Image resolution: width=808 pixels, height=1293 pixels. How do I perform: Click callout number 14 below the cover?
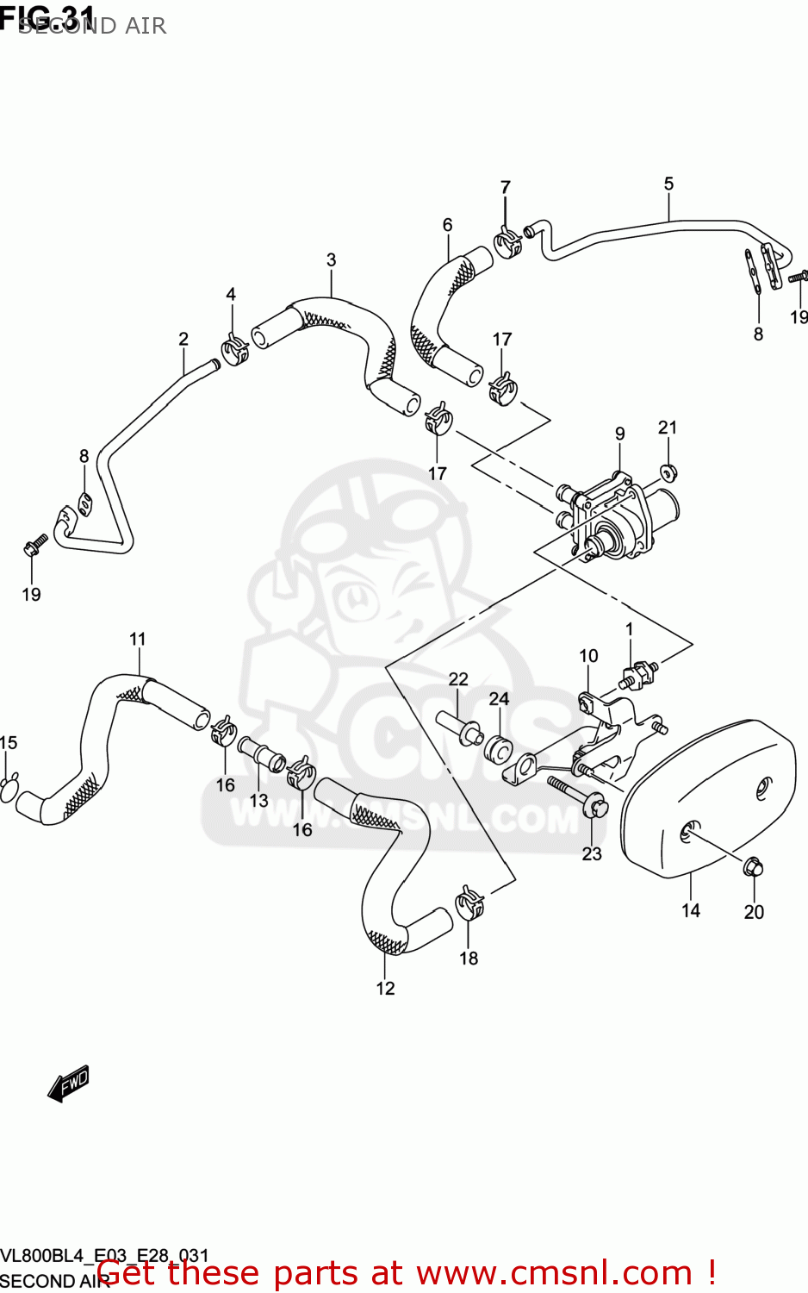coord(691,910)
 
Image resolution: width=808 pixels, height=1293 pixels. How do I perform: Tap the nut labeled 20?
coord(752,865)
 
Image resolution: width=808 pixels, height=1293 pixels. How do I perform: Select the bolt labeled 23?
coord(579,796)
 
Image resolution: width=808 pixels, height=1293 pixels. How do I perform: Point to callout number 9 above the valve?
coord(620,434)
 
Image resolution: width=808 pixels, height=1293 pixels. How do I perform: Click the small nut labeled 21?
coord(668,472)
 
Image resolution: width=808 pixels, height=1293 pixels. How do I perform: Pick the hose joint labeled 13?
coord(261,753)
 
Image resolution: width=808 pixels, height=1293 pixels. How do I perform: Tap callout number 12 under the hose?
coord(385,988)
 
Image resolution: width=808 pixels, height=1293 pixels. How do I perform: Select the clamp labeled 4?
coord(233,348)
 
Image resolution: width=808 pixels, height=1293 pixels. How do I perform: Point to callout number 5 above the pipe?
coord(669,184)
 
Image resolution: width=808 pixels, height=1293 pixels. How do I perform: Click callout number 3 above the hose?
coord(332,259)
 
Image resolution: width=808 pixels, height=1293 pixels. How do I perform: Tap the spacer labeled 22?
coord(458,726)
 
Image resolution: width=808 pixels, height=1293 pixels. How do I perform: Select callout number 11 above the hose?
coord(138,639)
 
